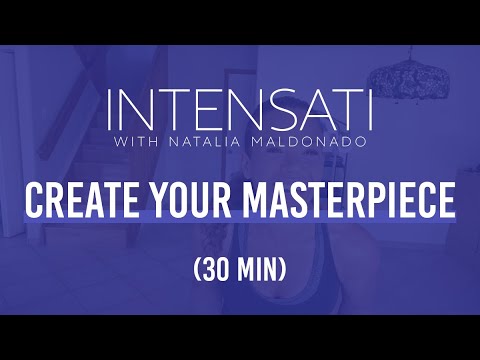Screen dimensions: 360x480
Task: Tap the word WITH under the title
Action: (135, 141)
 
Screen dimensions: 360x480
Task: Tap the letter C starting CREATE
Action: (35, 200)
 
